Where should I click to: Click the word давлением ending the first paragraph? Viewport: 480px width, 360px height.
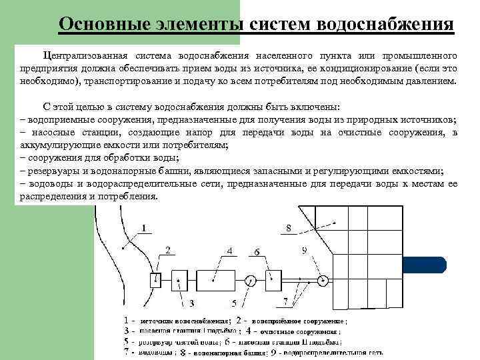tap(433, 81)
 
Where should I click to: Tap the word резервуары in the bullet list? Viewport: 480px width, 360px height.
tap(53, 170)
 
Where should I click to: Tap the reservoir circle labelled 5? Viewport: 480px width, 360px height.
tap(251, 279)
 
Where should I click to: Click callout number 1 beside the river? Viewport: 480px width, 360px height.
tap(143, 227)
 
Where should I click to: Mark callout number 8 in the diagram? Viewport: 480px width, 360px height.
tap(288, 228)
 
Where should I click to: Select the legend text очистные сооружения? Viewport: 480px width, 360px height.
tap(299, 330)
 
